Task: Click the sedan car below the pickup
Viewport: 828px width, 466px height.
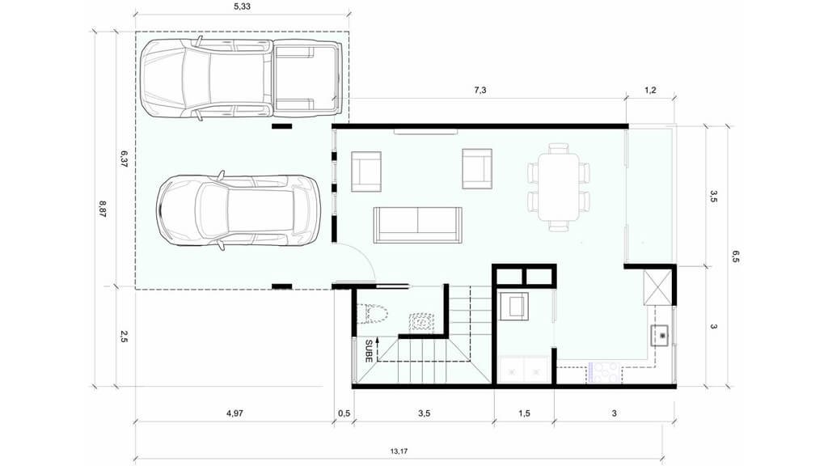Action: point(239,210)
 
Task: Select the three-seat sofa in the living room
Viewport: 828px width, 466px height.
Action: point(418,225)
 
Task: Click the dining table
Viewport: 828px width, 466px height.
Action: point(558,187)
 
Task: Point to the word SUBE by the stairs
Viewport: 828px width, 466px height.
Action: point(369,351)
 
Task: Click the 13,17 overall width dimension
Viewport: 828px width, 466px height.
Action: point(399,451)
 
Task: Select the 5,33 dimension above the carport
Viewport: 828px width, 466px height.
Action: point(242,6)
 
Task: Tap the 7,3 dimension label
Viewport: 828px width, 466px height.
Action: point(480,91)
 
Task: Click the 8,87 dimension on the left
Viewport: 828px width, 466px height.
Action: point(103,210)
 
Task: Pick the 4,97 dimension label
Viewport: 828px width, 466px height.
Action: point(234,413)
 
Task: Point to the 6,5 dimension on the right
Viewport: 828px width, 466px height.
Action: point(735,256)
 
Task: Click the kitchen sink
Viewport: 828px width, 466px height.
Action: point(660,335)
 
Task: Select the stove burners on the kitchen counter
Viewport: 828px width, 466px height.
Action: point(603,372)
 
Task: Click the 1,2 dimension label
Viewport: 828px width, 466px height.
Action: point(650,91)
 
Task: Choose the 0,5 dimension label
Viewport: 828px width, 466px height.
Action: point(344,413)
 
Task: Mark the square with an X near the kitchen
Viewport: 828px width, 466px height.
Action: point(657,287)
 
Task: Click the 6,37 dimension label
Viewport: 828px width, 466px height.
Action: point(124,159)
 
